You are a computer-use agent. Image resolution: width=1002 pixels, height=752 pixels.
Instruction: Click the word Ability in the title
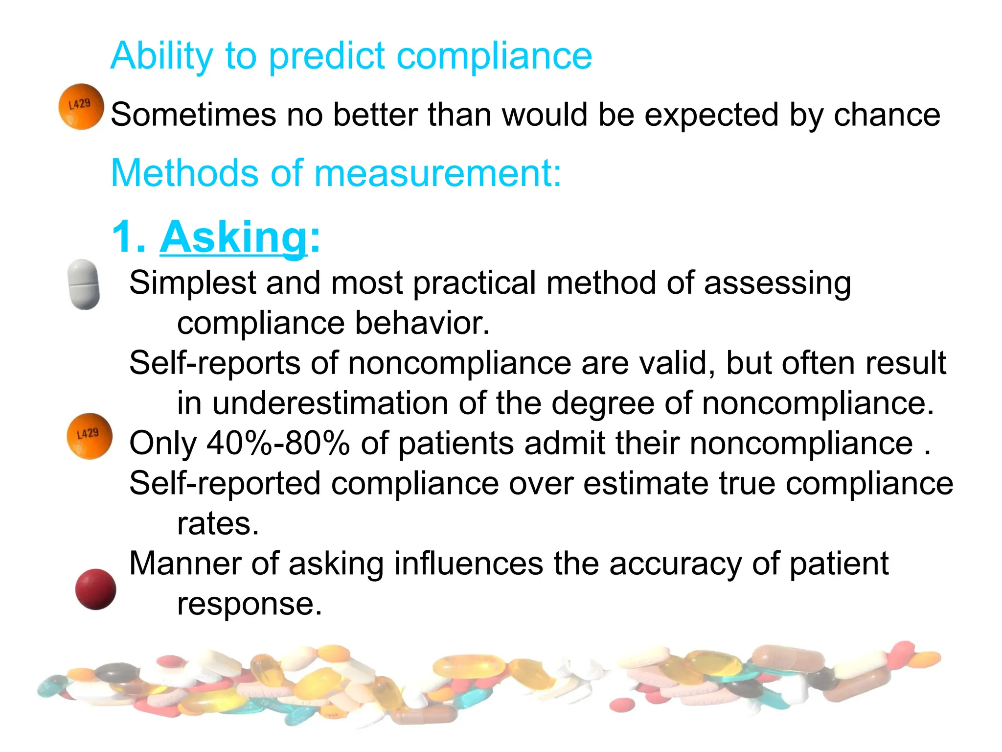(161, 56)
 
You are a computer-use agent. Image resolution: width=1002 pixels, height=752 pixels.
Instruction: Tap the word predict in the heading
(327, 56)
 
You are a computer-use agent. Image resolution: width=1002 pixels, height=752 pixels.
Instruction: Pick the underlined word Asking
(233, 237)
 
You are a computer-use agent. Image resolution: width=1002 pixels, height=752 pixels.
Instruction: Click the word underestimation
(329, 403)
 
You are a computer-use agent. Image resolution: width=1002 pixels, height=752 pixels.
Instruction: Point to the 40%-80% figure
(278, 444)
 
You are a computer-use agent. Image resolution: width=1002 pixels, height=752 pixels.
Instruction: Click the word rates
(217, 524)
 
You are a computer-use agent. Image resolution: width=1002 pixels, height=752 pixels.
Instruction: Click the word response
(249, 604)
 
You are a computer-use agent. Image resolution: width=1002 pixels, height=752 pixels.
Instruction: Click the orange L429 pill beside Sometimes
(81, 107)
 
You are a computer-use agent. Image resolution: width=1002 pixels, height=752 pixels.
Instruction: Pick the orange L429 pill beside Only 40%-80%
(89, 436)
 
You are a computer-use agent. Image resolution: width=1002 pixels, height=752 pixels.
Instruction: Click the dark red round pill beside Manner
(95, 589)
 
